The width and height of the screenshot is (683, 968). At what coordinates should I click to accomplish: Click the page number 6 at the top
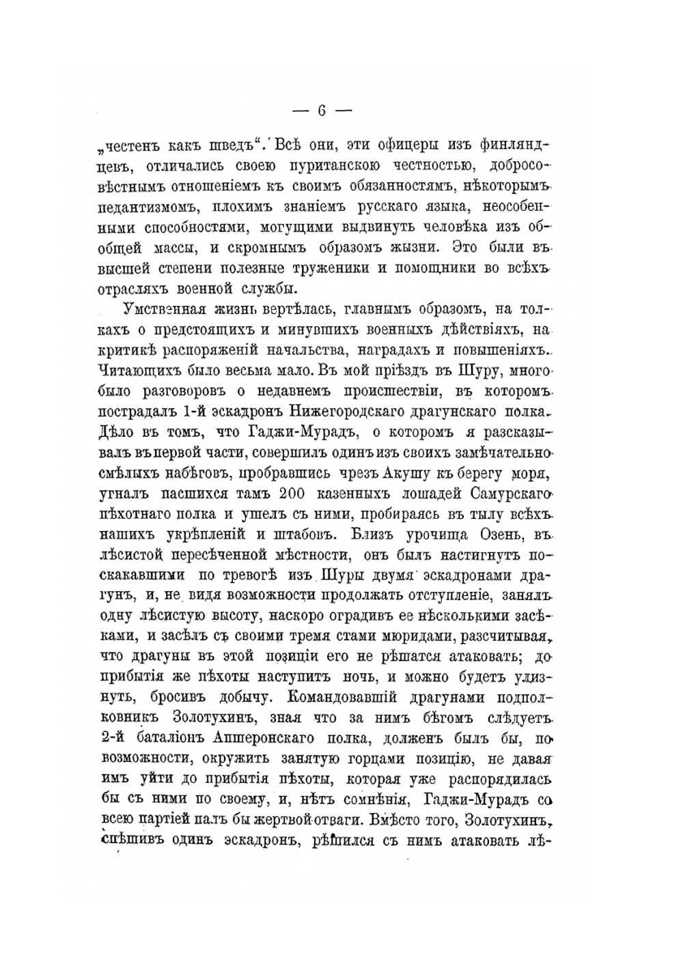322,111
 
